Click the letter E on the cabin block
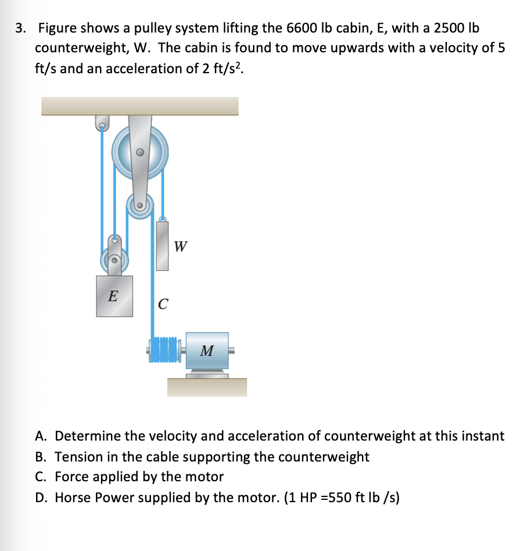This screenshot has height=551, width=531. (x=113, y=296)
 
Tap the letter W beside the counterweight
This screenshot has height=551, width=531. (x=180, y=246)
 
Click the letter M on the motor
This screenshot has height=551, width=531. (x=206, y=350)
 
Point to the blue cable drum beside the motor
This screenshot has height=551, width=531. (x=166, y=349)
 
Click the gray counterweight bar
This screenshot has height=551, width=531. (x=162, y=246)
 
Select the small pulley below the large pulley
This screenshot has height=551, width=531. (x=139, y=206)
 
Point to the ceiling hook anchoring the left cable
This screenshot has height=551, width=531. (x=102, y=124)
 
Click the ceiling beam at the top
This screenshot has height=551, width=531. (x=139, y=106)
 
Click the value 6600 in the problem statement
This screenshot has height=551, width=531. (x=301, y=28)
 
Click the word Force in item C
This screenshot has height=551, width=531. (x=73, y=477)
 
